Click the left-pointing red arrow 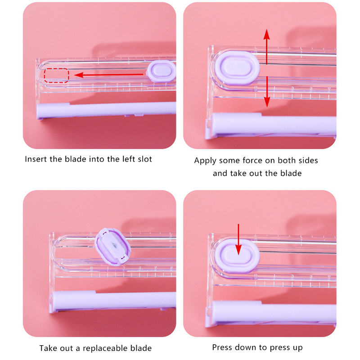tap(108, 75)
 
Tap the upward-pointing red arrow tap(266, 47)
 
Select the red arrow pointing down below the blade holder tap(267, 92)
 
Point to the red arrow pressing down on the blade tap(238, 239)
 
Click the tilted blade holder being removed tap(113, 247)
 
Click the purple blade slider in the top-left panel tap(161, 71)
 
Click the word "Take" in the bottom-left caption tap(47, 348)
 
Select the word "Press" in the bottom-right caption tap(221, 347)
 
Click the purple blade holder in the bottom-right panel tap(237, 256)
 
